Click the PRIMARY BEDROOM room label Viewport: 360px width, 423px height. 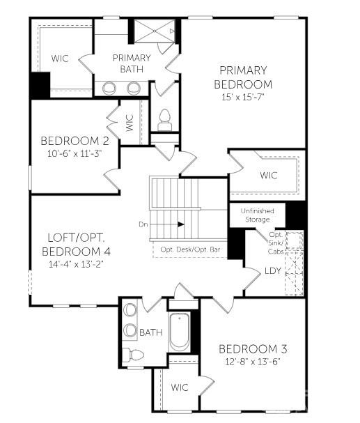click(243, 77)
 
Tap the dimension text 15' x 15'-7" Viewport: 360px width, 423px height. click(243, 98)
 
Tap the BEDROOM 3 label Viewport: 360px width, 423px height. click(253, 348)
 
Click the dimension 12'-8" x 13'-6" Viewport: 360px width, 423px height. click(253, 362)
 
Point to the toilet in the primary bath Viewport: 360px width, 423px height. click(165, 120)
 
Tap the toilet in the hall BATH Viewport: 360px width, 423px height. click(135, 355)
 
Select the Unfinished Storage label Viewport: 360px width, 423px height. click(257, 215)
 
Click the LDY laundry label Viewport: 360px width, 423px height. click(273, 270)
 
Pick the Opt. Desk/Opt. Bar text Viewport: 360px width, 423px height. click(189, 249)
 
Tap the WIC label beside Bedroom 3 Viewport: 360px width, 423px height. click(180, 386)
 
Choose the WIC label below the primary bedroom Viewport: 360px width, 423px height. click(268, 175)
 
